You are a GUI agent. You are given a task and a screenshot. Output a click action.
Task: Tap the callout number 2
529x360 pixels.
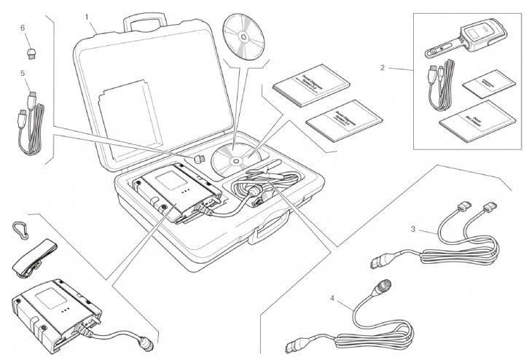point(382,69)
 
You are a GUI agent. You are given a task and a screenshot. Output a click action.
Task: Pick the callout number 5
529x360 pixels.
point(23,73)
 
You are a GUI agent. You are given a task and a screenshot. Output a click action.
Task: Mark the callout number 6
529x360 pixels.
point(23,27)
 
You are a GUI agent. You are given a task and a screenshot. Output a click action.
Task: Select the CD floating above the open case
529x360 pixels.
point(246,34)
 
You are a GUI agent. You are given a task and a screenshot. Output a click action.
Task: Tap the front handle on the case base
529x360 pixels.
point(264,235)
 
